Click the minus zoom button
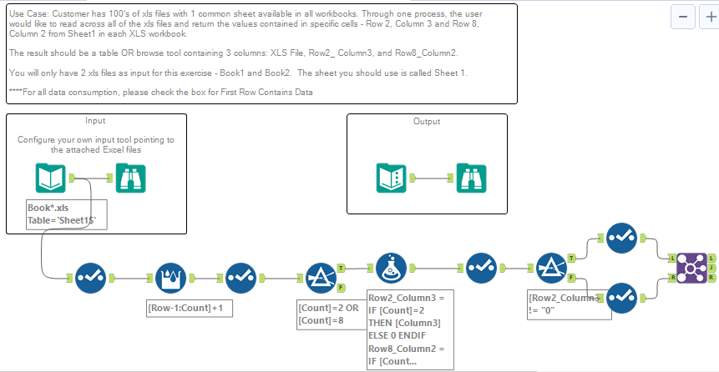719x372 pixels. [x=684, y=18]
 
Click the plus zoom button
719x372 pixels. [x=707, y=18]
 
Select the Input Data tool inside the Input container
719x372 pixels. [x=51, y=178]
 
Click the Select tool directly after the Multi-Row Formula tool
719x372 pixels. [x=241, y=275]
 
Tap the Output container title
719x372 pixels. [x=427, y=122]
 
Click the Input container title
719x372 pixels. [x=95, y=121]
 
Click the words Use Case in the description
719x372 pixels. [x=26, y=15]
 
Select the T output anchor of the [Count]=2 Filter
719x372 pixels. [x=342, y=269]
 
